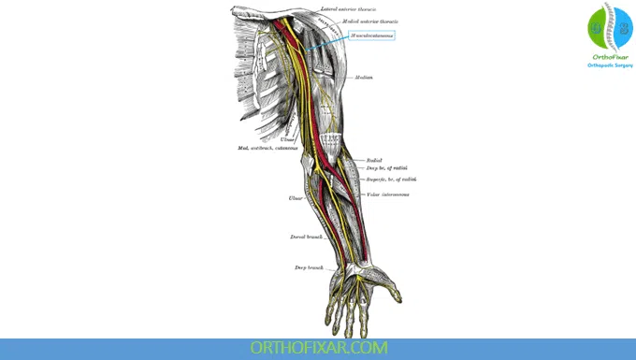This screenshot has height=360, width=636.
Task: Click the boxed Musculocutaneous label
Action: (371, 36)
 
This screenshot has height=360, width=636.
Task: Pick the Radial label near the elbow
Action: (375, 160)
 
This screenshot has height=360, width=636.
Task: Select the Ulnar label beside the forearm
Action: (295, 198)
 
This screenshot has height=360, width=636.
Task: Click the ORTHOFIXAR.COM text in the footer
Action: (318, 348)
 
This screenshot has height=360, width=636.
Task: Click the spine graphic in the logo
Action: (610, 27)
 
